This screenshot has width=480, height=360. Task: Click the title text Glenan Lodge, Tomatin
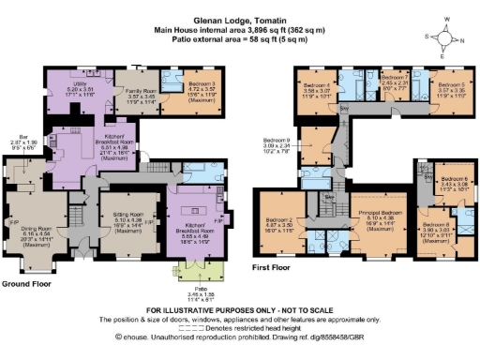(x=239, y=19)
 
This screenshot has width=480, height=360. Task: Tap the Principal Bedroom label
(x=380, y=218)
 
